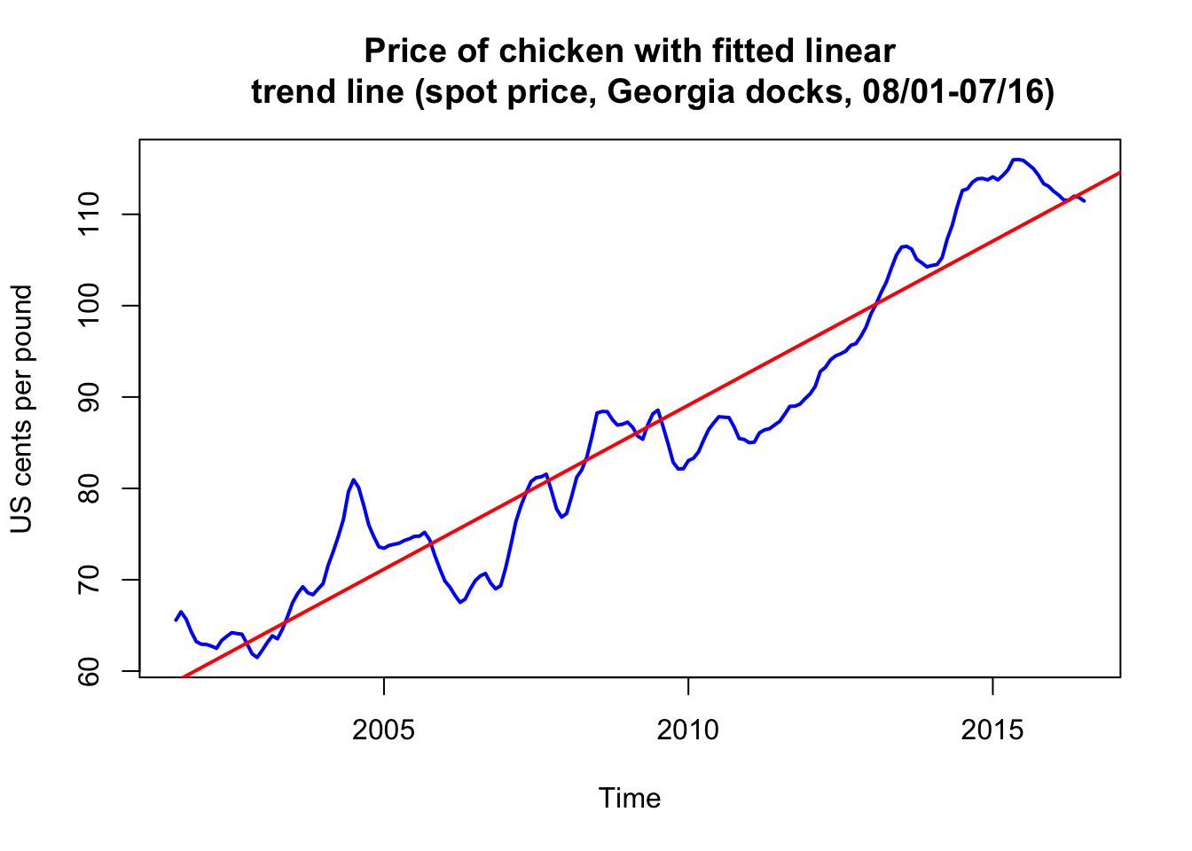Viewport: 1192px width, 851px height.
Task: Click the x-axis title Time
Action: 630,799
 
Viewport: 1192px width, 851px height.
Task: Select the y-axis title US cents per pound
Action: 21,409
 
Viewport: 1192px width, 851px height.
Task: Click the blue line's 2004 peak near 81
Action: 353,480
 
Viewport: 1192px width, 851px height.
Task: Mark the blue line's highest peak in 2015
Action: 1016,160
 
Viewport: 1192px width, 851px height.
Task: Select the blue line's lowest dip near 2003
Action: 257,657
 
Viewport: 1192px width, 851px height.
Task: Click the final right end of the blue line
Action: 1084,201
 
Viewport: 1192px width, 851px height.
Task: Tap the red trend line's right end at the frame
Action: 1119,173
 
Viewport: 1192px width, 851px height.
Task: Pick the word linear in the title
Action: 848,51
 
